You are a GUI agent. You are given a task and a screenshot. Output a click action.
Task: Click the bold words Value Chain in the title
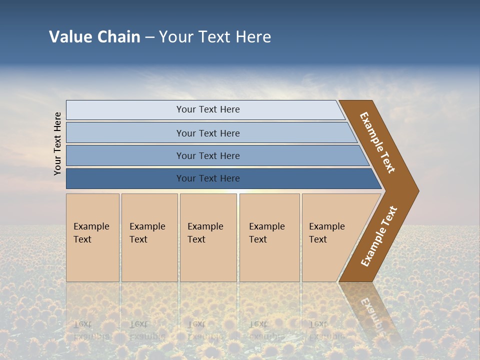point(94,37)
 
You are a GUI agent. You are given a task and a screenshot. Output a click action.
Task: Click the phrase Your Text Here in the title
point(215,37)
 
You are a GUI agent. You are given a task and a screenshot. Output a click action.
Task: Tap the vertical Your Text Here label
point(57,143)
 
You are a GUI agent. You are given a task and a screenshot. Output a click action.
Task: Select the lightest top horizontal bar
point(125,110)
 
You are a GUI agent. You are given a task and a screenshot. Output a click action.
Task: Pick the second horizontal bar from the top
point(125,133)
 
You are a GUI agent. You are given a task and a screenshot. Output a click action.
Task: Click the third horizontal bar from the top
point(125,155)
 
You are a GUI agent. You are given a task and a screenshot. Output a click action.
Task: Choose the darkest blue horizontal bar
point(125,178)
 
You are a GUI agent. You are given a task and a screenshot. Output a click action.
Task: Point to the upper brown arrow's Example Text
point(377,142)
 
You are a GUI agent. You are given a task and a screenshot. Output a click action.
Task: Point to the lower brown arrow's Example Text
point(379,236)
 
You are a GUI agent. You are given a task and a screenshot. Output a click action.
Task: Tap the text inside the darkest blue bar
point(208,178)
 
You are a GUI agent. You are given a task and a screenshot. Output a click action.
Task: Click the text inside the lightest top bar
point(208,109)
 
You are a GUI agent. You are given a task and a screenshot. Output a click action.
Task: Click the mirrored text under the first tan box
point(91,330)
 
